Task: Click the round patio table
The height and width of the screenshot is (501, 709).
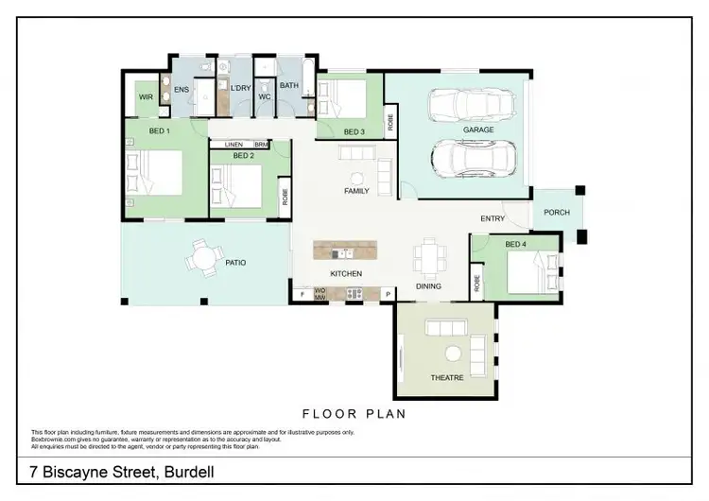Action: click(x=202, y=256)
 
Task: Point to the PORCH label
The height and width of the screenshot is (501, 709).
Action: click(x=557, y=213)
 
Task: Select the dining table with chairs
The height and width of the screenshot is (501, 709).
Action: click(x=427, y=255)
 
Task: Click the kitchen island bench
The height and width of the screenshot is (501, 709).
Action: click(x=345, y=251)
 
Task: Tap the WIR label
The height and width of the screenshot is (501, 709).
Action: click(x=146, y=97)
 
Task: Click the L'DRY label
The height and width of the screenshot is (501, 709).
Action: click(x=240, y=88)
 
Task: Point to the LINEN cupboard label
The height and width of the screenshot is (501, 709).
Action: click(x=233, y=145)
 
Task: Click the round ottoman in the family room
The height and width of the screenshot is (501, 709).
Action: click(x=357, y=179)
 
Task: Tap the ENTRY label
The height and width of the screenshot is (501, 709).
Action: click(x=493, y=218)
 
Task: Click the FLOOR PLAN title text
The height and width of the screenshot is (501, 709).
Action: click(x=354, y=413)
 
